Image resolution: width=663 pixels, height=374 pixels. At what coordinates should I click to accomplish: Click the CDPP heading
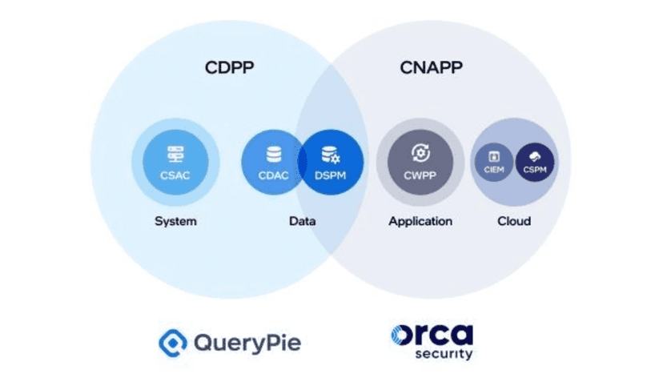[229, 67]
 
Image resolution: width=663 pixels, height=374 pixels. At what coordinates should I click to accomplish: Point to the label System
[176, 221]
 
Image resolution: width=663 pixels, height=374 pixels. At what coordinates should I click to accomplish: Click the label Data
[302, 221]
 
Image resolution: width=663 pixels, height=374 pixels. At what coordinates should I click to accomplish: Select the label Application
[420, 221]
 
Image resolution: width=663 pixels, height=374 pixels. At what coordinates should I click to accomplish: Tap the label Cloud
[515, 221]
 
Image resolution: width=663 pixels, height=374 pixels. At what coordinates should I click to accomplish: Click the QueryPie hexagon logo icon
[171, 344]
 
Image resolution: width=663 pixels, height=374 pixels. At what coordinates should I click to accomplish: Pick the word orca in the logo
[432, 335]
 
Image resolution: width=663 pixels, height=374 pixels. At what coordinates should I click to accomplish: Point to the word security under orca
[443, 354]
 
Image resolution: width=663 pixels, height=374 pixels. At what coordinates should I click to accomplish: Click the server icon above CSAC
[176, 155]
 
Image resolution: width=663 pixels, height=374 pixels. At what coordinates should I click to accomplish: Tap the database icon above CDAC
[274, 155]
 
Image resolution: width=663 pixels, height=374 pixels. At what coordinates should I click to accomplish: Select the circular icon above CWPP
[420, 153]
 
